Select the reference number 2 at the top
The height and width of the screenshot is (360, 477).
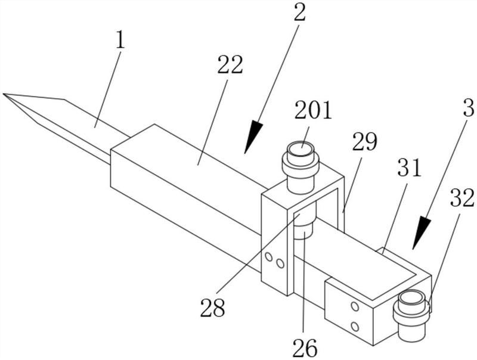(x=299, y=12)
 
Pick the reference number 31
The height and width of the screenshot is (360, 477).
(x=410, y=169)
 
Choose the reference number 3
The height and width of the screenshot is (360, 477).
(x=468, y=108)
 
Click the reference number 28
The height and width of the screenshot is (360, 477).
(x=212, y=308)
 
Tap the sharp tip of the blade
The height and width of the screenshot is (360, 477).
(x=5, y=94)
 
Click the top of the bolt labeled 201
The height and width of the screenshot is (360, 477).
(x=301, y=149)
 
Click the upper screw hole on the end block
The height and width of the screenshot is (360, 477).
(x=355, y=306)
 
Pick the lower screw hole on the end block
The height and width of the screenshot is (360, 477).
(x=355, y=326)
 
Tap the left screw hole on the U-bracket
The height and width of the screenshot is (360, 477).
(x=269, y=258)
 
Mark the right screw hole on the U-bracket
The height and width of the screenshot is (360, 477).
(x=280, y=263)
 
